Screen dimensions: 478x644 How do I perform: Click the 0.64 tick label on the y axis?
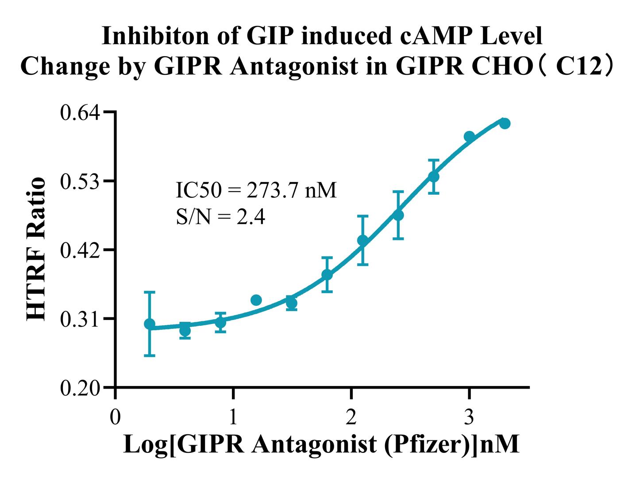(x=81, y=112)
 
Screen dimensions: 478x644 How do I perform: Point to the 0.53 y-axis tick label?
(x=81, y=181)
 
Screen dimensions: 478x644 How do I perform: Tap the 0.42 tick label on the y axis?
(x=81, y=250)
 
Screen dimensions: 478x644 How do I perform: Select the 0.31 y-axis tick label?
(x=81, y=319)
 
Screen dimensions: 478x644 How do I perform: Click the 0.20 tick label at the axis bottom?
(x=81, y=388)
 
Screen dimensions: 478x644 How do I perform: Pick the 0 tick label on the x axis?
(x=115, y=417)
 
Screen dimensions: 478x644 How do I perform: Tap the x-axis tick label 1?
(x=233, y=417)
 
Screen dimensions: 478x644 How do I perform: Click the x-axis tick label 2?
(x=351, y=417)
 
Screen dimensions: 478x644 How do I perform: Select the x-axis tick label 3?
(x=469, y=417)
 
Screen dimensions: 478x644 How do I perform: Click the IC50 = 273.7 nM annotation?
(x=256, y=190)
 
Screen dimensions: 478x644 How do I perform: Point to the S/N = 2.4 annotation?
(x=220, y=217)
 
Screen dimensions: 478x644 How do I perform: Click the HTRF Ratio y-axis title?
(x=36, y=249)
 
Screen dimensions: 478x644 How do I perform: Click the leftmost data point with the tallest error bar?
(x=150, y=324)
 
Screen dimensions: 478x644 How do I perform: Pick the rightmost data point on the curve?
(x=505, y=123)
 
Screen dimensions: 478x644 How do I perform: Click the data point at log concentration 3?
(x=469, y=136)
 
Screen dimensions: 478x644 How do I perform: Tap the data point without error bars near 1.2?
(x=256, y=300)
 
